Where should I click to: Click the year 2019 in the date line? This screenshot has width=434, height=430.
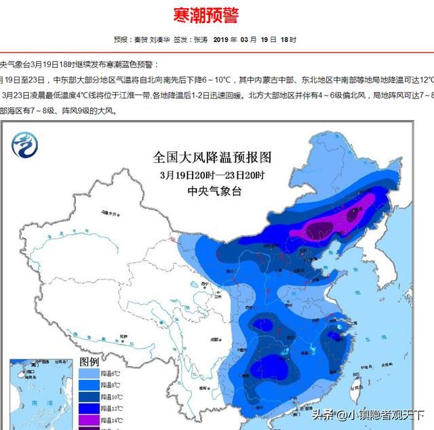click(x=223, y=40)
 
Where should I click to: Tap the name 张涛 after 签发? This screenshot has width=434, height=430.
click(x=201, y=40)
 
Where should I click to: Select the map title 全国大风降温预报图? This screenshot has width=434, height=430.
click(x=212, y=158)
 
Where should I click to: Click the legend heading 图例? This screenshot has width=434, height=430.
click(x=90, y=361)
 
